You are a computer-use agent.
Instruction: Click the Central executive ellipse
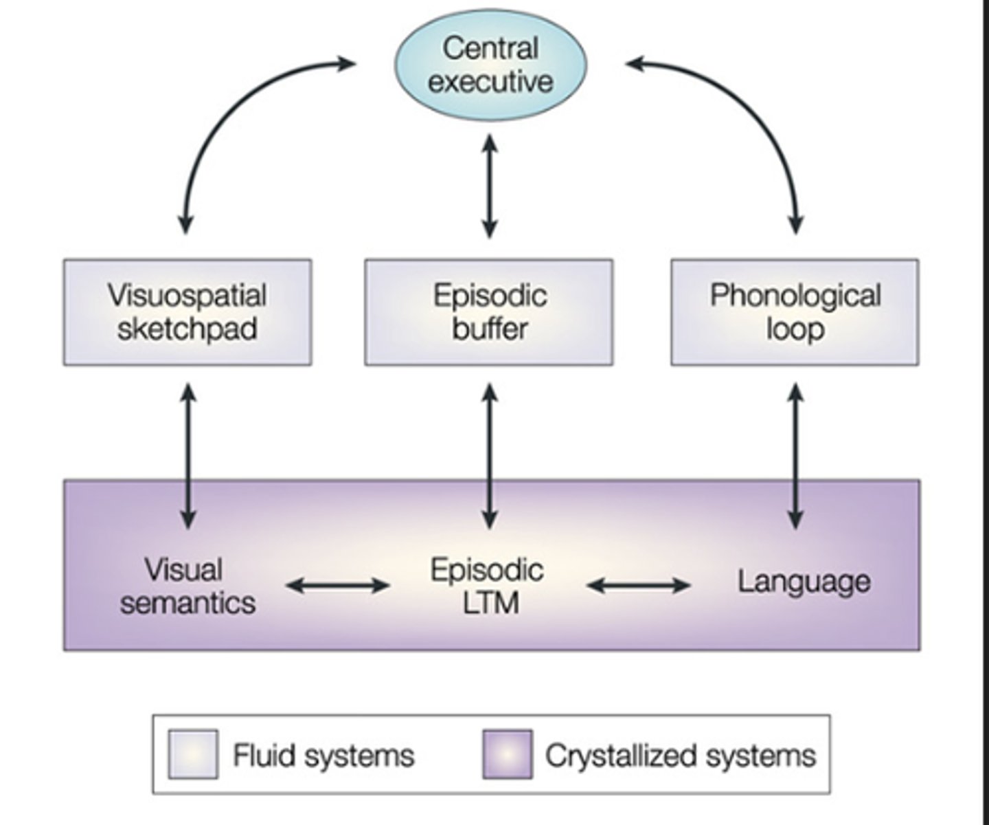tap(490, 65)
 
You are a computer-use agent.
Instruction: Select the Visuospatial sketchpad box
tap(187, 312)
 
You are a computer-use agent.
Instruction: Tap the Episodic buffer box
tap(488, 312)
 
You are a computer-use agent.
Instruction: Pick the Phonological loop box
tap(795, 312)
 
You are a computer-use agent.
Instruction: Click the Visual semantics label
tap(187, 586)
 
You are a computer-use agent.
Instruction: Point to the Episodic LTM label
tap(487, 586)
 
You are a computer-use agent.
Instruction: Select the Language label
tap(804, 582)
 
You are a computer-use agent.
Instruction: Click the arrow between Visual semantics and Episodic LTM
tap(338, 586)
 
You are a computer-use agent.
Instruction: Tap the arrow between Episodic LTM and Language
tap(639, 586)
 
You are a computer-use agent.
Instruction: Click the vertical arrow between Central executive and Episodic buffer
tap(489, 186)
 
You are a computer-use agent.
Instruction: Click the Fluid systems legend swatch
tap(193, 754)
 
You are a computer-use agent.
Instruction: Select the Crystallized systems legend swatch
tap(507, 754)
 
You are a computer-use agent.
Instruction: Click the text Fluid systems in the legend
tap(323, 755)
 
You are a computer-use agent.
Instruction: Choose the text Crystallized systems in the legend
tap(680, 755)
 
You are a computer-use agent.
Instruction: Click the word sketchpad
tap(187, 329)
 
